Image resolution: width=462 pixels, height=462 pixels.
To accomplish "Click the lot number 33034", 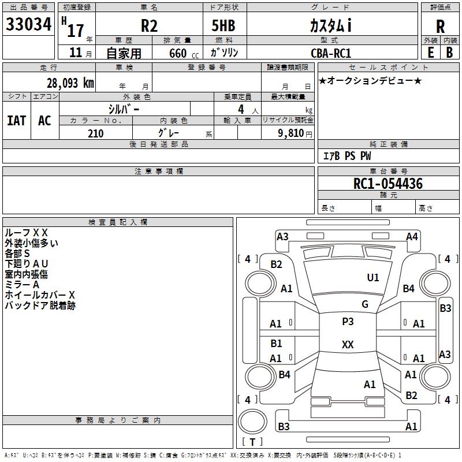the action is (28, 24).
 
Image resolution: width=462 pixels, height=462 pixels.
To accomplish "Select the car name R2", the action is (149, 25).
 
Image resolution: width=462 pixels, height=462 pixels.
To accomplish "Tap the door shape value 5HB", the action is (223, 25).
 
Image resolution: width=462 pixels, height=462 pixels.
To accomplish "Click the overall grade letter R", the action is (440, 27).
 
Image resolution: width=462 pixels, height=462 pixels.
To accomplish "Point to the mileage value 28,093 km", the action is (70, 83).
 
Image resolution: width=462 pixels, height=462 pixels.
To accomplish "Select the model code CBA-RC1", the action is (331, 53).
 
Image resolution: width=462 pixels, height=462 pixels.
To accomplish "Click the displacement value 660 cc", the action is (184, 54).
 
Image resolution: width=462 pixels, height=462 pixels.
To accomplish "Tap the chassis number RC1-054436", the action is (388, 183).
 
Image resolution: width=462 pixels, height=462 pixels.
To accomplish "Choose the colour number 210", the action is (95, 133).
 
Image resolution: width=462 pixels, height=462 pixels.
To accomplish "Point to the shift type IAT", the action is (17, 121).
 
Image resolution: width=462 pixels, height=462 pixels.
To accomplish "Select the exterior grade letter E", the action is (431, 53).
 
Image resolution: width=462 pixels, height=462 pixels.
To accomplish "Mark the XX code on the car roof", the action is (348, 344).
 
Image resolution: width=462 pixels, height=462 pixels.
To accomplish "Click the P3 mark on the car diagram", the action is (348, 322).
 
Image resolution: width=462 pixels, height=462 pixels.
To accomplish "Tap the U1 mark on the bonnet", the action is (373, 277).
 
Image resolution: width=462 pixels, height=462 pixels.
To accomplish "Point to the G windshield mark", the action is (365, 304).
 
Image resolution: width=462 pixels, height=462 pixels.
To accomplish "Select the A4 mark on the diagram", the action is (412, 237).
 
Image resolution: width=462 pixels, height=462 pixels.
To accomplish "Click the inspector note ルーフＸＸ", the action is (26, 233).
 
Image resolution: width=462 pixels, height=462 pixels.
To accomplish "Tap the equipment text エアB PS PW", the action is (347, 155).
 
